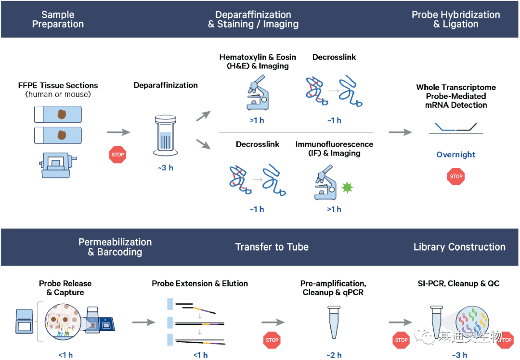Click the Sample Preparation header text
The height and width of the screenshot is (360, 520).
58,19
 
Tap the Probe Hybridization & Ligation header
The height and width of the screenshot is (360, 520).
455,19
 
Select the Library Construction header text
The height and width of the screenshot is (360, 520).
459,247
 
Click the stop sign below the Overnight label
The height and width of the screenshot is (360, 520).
456,176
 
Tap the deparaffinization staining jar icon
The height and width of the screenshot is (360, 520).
166,136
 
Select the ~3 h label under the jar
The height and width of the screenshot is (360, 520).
166,168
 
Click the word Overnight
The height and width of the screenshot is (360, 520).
456,154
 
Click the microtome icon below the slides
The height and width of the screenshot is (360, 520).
58,165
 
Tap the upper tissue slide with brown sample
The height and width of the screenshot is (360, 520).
58,114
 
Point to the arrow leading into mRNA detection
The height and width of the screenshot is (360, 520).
400,132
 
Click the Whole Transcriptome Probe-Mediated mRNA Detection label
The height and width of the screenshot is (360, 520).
456,96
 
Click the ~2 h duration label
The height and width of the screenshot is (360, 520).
334,355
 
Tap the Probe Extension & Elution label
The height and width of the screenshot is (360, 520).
200,283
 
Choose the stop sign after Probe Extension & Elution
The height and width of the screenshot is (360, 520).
272,340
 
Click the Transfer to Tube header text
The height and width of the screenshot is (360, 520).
272,247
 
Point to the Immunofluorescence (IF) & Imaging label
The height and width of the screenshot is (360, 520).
334,148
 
